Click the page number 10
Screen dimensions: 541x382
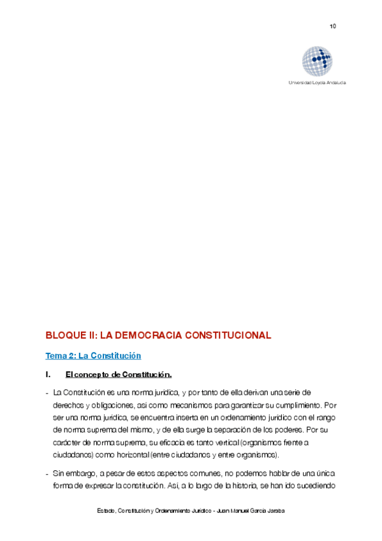click(x=333, y=26)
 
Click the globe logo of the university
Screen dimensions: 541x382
click(x=318, y=61)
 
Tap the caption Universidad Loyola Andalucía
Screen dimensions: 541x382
click(x=318, y=83)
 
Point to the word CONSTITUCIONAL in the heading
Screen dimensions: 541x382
click(x=228, y=335)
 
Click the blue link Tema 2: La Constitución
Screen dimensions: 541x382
click(x=93, y=355)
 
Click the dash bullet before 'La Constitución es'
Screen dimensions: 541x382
click(x=47, y=392)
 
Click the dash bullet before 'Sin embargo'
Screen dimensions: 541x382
click(x=47, y=474)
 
